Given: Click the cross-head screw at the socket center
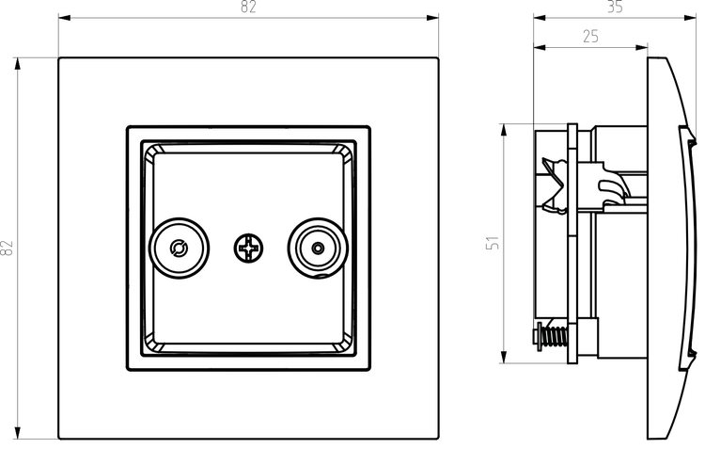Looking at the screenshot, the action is pos(248,249).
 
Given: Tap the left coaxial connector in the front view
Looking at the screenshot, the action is pos(179,249).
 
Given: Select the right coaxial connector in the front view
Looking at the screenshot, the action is pos(318,249).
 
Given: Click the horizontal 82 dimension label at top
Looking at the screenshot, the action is pos(249,7).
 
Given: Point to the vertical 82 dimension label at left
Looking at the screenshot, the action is pos(8,249).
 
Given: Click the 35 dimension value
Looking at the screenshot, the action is pos(615,7).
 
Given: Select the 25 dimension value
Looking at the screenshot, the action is pos(591,37).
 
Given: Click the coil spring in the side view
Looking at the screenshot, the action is pos(556,335).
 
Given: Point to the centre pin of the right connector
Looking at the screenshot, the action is pos(318,249).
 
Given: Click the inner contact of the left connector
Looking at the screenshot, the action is pos(179,249).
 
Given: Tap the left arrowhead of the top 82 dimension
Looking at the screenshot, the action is pos(65,18).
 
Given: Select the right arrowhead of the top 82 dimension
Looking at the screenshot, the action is pos(432,18).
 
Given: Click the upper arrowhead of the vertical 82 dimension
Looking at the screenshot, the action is pos(18,64).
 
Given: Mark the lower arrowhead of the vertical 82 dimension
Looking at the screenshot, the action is pos(18,432).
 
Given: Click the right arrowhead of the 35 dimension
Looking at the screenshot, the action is pos(690,18).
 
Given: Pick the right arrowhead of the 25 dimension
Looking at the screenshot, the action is pos(642,48).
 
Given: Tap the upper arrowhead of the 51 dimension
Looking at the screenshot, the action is pos(504,130).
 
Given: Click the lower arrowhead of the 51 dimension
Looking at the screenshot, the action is pos(504,357).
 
